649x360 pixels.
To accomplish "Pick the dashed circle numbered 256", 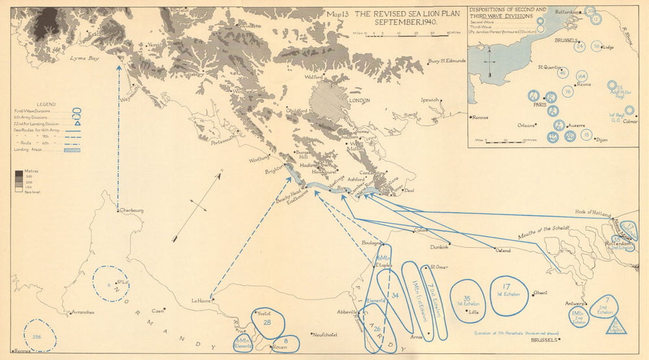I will [39, 335].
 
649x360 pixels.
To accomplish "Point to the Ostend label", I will [504, 250].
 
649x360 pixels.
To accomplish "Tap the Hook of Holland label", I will [594, 212].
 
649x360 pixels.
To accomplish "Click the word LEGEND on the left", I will [46, 104].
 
